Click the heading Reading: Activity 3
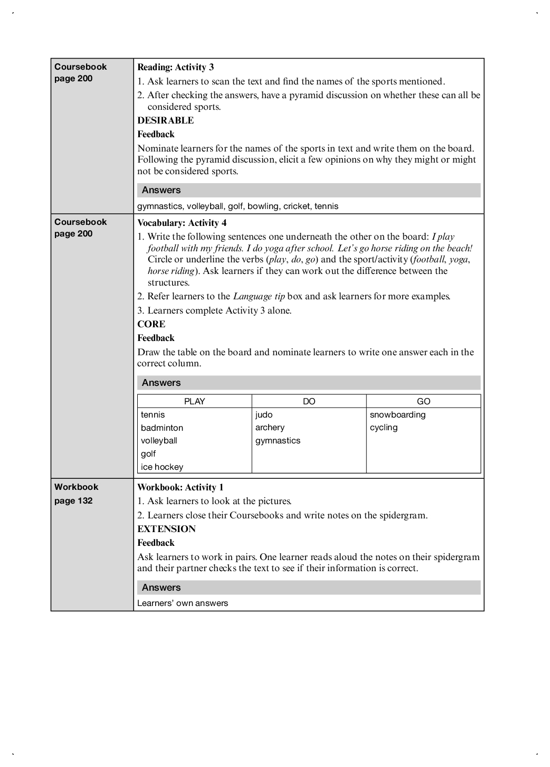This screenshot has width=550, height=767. point(175,67)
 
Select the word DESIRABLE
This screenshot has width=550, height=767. point(165,120)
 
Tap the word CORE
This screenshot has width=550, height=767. point(151,324)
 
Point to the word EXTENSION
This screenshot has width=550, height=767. point(166,529)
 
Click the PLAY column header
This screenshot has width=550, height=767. point(194,401)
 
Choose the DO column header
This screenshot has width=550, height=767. point(309,401)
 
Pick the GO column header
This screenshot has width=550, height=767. point(423,401)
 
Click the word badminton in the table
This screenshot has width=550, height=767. point(162,428)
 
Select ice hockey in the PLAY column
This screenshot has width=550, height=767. point(162,467)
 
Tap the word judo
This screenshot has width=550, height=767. point(264,414)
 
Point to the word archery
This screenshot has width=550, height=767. point(270,428)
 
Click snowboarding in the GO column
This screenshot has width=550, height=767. point(397,414)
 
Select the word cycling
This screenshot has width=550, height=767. point(384,428)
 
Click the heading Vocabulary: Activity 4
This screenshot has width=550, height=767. point(182,223)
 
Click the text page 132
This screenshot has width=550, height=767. point(73,500)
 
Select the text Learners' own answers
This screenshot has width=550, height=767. point(183,603)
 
